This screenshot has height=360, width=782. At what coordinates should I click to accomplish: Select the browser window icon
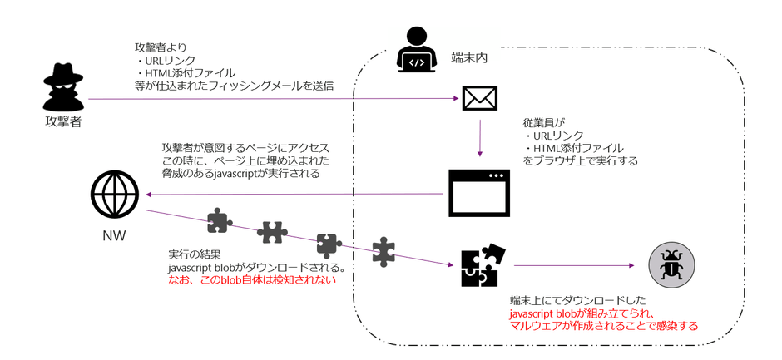[480, 193]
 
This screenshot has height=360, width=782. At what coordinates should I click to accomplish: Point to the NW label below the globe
[114, 235]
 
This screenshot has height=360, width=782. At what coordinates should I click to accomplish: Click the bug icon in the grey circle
[671, 266]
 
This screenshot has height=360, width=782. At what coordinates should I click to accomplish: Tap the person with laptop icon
[416, 51]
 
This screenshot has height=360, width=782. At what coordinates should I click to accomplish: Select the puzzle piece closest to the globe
[219, 219]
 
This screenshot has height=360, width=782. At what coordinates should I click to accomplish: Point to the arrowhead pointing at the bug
[630, 266]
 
